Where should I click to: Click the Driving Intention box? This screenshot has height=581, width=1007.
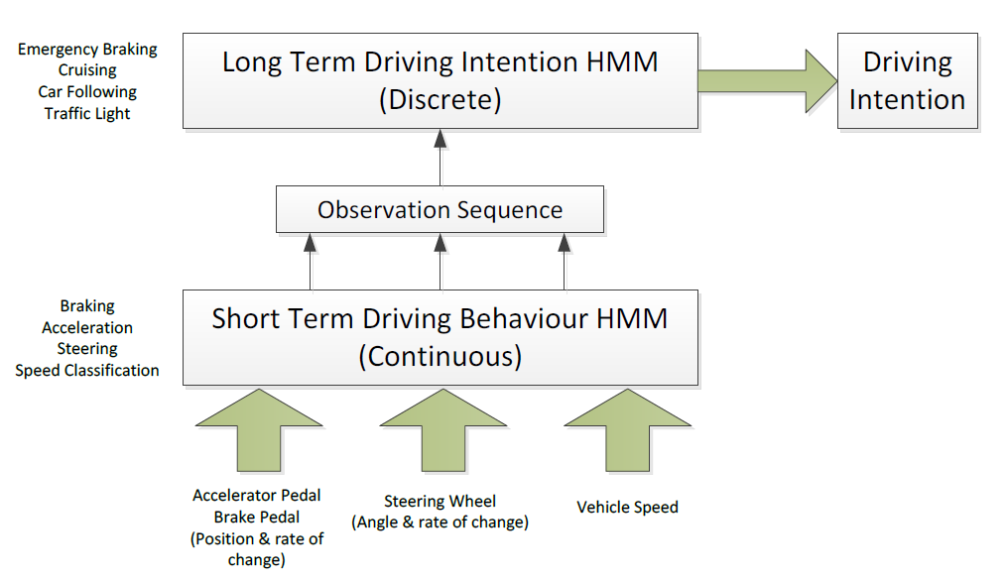coord(908,81)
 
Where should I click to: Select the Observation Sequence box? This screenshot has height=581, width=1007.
coord(440,209)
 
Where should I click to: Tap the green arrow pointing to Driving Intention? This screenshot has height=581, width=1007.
coord(768,81)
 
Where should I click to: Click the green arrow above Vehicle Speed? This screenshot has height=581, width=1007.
coord(627,430)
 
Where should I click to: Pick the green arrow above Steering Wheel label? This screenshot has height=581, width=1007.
coord(442,430)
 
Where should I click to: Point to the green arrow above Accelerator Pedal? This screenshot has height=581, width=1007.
coord(259,430)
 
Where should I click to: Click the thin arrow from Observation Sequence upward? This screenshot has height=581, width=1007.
coord(440,158)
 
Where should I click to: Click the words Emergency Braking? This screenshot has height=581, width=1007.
coord(87,50)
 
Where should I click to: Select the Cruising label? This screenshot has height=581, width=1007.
coord(87,70)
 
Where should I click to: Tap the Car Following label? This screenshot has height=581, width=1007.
coord(87,92)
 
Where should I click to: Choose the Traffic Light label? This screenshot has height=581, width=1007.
coord(87,114)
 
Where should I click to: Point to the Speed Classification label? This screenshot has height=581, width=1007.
coord(87,371)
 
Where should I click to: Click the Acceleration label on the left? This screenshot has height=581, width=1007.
coord(87,327)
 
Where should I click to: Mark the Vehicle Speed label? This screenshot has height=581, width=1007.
coord(627,508)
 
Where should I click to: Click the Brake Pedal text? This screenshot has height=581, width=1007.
coord(257,517)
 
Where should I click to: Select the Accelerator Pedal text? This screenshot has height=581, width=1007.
coord(257,495)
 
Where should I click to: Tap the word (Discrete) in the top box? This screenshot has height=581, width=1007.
coord(440,100)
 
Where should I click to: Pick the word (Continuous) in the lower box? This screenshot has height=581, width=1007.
coord(440,357)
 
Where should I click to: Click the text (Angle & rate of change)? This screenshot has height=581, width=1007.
coord(440,523)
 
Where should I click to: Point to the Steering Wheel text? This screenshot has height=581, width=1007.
coord(440,501)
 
